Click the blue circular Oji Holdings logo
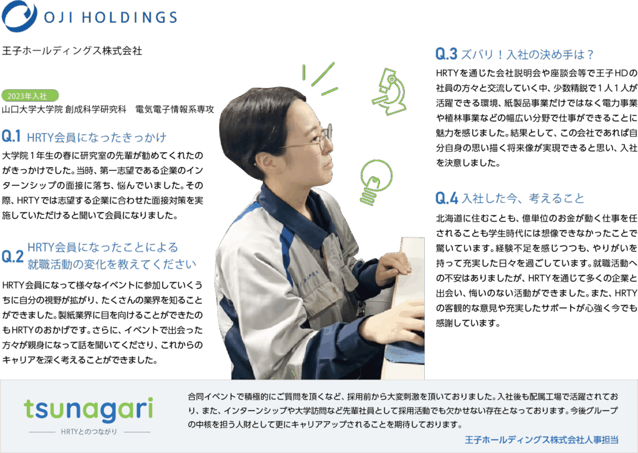point(19,16)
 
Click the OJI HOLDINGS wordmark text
point(111,17)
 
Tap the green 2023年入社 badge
point(30,95)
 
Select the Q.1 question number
point(11,136)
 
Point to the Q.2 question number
point(12,257)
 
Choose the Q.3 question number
point(446,54)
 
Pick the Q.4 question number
point(446,198)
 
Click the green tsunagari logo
point(88,409)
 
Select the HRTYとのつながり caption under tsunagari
point(89,431)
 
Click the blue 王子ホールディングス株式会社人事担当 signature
point(541,440)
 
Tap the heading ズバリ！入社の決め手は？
point(528,54)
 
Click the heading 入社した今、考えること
point(523,198)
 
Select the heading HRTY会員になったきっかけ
point(97,137)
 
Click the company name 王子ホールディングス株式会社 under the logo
point(72,51)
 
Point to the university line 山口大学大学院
point(32,109)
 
